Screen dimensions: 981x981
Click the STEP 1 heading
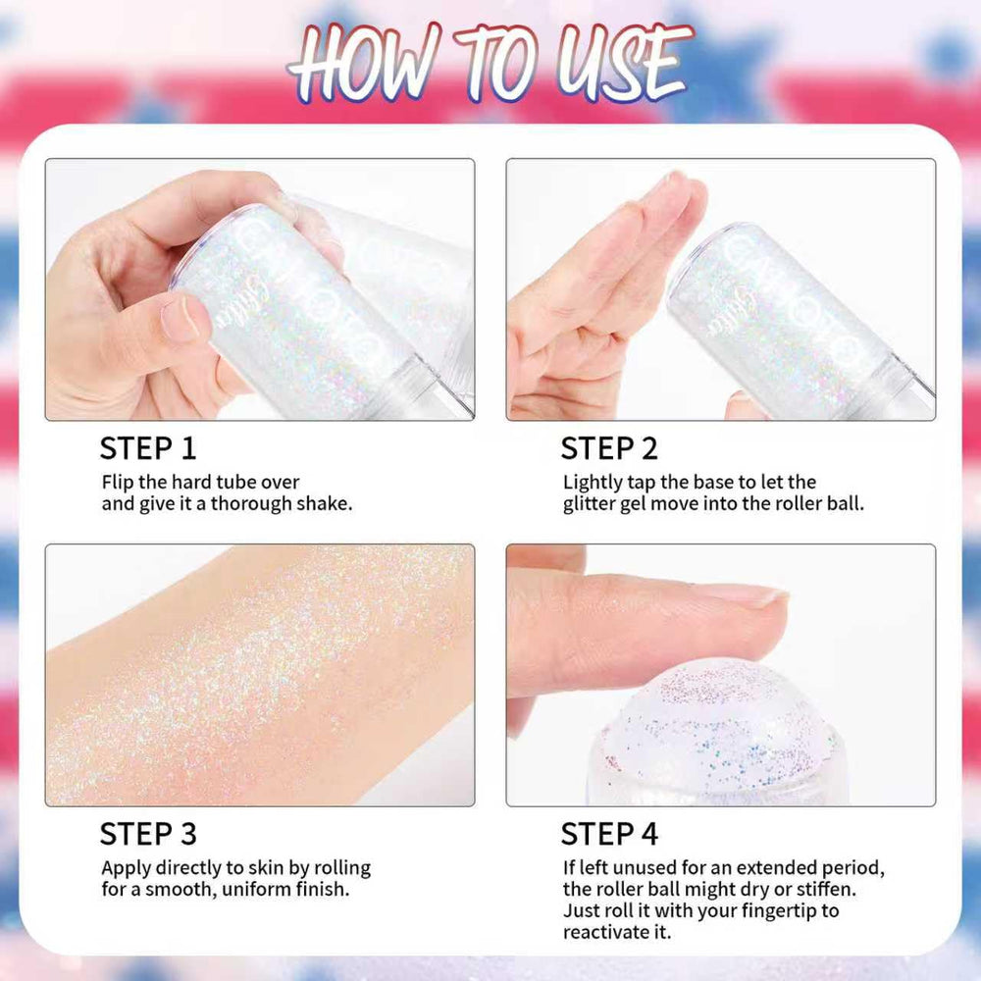click(x=148, y=448)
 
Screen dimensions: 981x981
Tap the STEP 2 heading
click(x=609, y=448)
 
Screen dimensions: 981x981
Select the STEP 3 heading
click(x=148, y=834)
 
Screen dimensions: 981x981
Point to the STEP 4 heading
click(x=609, y=834)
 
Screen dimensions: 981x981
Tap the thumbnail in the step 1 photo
click(x=180, y=319)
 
